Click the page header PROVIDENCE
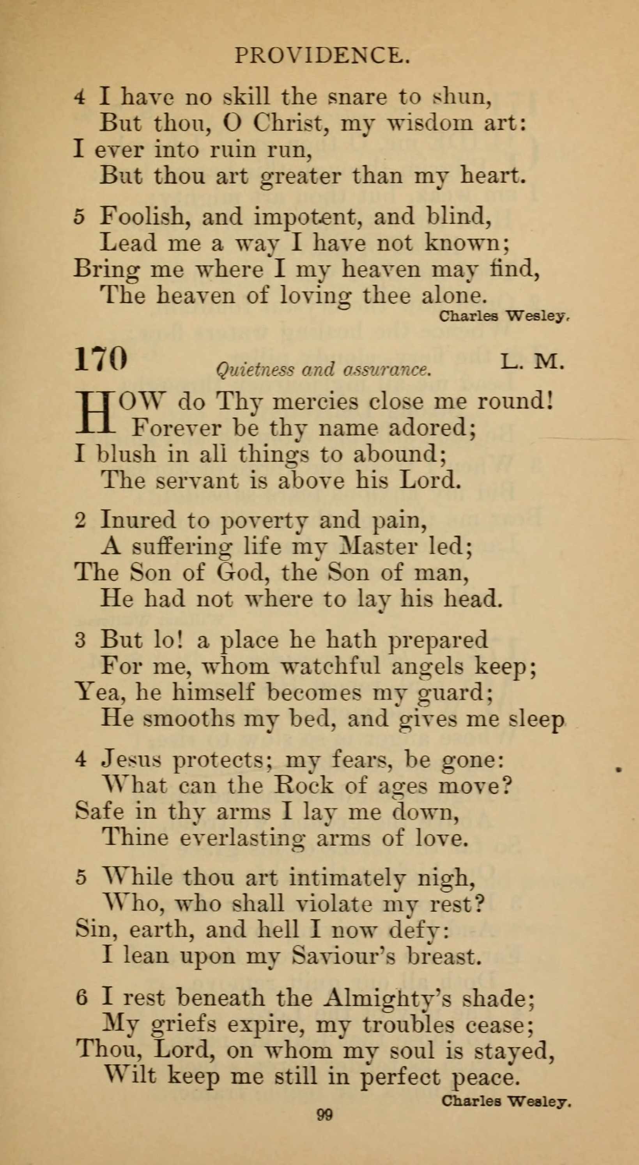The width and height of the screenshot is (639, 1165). click(322, 56)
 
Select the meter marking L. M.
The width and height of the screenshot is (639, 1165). click(532, 362)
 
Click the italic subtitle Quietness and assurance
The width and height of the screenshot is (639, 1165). click(323, 370)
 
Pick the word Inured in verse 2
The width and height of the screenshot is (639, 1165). click(137, 520)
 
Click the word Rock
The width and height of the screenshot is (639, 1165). click(303, 786)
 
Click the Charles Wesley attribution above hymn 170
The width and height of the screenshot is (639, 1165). click(503, 317)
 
